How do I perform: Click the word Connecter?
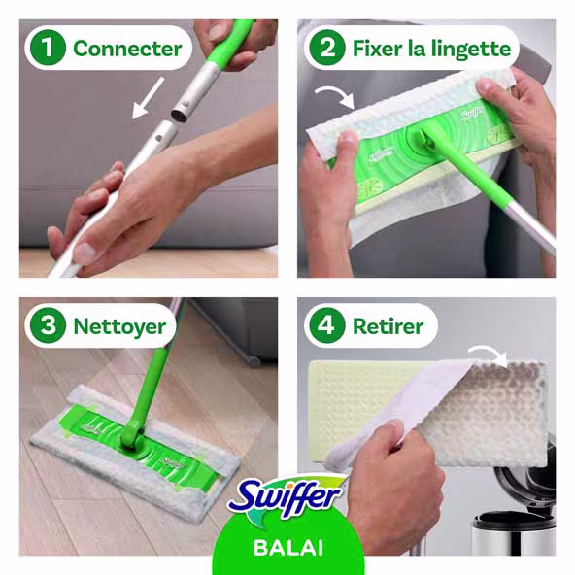[126, 48]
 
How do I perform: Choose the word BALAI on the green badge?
[287, 546]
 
